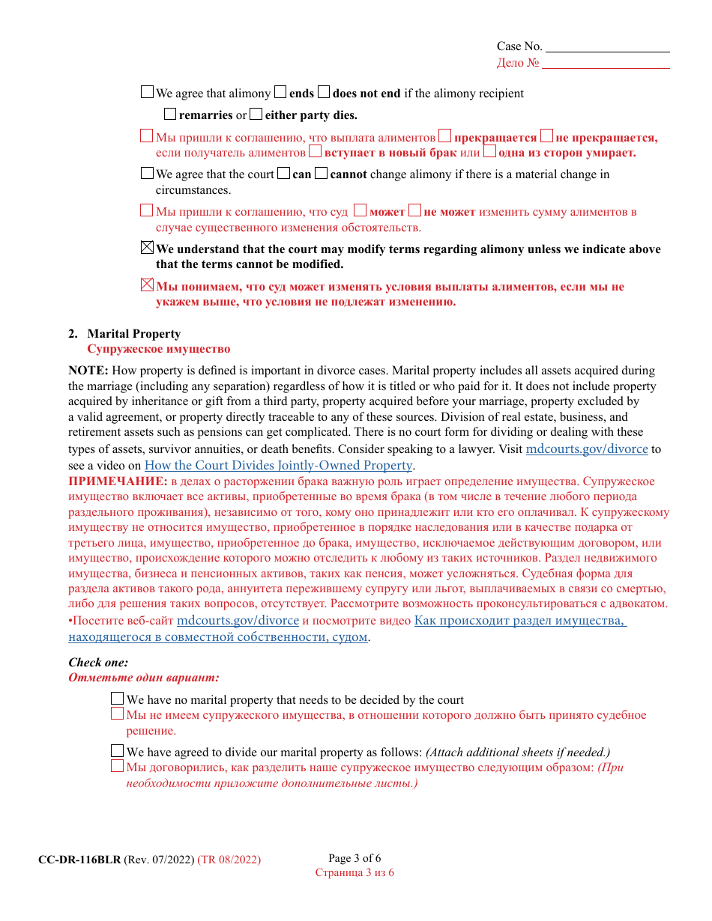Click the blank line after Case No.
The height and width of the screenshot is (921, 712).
(x=607, y=47)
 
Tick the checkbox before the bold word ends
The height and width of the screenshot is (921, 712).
(x=280, y=93)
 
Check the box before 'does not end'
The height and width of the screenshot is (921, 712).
(x=324, y=93)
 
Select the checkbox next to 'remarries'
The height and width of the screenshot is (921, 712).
(x=170, y=115)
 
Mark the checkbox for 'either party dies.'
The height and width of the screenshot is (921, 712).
(x=256, y=115)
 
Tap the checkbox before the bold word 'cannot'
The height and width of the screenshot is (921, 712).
(x=322, y=174)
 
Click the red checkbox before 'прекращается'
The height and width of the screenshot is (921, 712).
(x=445, y=136)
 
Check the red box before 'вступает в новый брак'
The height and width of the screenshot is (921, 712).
(x=316, y=152)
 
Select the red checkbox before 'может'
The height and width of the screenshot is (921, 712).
(x=360, y=211)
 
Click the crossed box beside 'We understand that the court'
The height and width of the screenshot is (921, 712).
(x=148, y=248)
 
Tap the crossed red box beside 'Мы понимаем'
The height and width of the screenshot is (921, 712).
(x=148, y=285)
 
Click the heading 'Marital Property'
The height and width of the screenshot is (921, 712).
(x=133, y=334)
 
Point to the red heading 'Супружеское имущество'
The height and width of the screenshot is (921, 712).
(x=158, y=349)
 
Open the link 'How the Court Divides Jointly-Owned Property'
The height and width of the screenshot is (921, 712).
(x=278, y=465)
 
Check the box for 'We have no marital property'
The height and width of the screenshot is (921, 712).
(x=118, y=699)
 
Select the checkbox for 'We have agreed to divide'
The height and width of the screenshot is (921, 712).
(x=118, y=751)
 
